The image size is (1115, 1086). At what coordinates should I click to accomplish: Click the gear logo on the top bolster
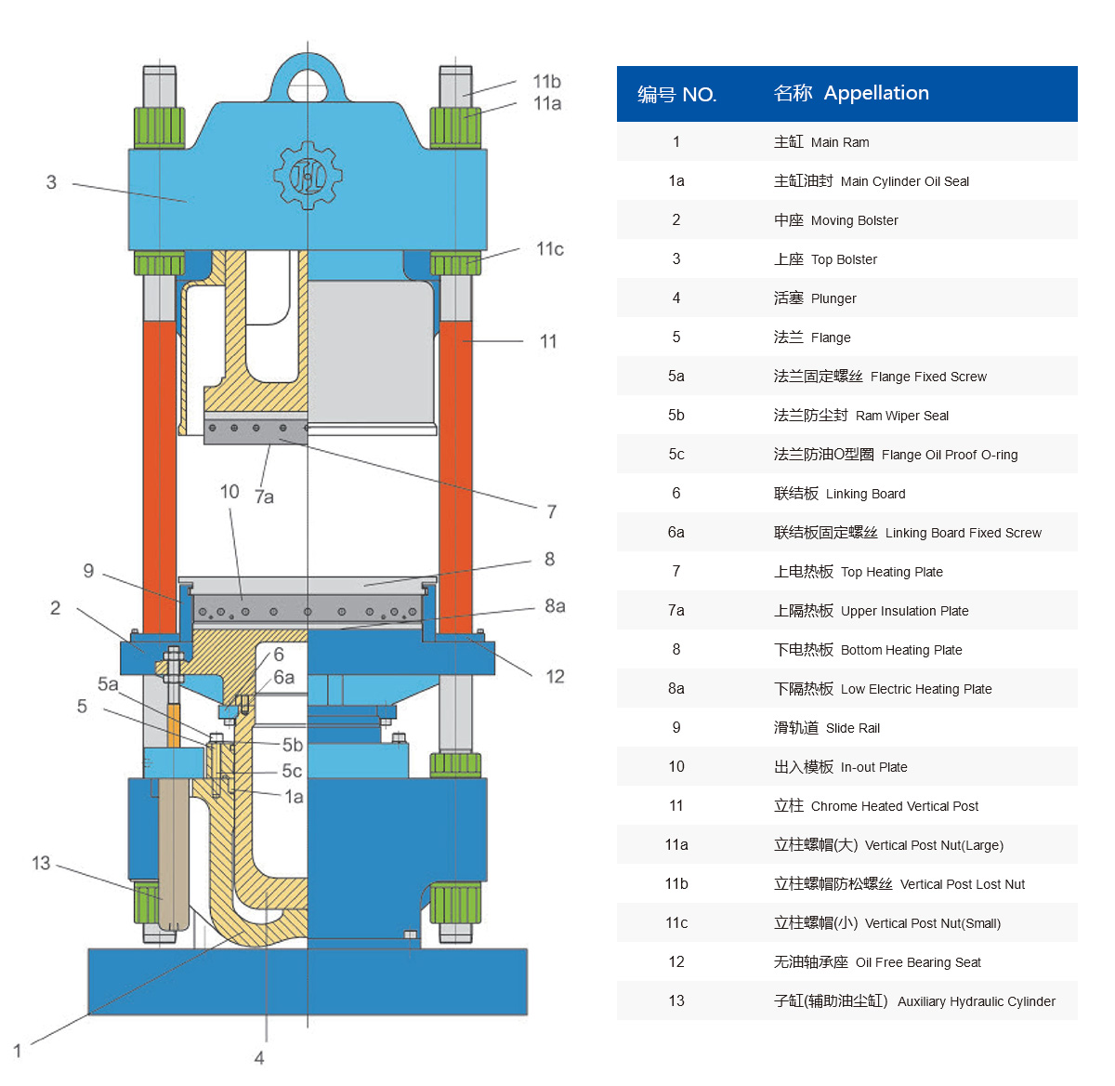click(308, 176)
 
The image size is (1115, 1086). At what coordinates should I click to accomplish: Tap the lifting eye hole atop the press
click(308, 86)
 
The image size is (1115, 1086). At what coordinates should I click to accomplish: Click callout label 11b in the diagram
click(546, 82)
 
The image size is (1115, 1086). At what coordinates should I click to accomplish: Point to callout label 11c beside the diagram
click(549, 249)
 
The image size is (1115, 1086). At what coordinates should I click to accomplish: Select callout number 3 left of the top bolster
click(51, 182)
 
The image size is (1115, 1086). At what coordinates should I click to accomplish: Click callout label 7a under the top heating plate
click(264, 497)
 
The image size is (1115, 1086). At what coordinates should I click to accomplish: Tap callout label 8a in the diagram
click(554, 605)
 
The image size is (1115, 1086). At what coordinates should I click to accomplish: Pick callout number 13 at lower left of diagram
click(41, 863)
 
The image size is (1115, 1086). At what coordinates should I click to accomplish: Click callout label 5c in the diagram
click(292, 771)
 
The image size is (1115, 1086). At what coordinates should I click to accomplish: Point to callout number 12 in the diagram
click(555, 677)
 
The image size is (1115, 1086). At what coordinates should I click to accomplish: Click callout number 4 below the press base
click(259, 1058)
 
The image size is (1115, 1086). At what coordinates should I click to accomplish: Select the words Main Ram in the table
click(839, 142)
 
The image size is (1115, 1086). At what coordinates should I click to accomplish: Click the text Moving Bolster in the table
click(854, 220)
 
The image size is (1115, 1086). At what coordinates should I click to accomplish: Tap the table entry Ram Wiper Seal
click(902, 416)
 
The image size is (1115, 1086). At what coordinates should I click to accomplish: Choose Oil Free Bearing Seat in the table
click(918, 962)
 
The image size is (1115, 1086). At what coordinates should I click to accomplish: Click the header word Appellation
click(876, 93)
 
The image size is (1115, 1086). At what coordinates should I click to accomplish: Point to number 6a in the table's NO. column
click(676, 532)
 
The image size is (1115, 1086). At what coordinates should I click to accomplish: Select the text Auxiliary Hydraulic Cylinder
click(976, 1001)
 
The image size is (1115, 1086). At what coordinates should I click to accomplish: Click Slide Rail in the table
click(853, 728)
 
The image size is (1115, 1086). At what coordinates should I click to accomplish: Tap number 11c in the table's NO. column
click(676, 922)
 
